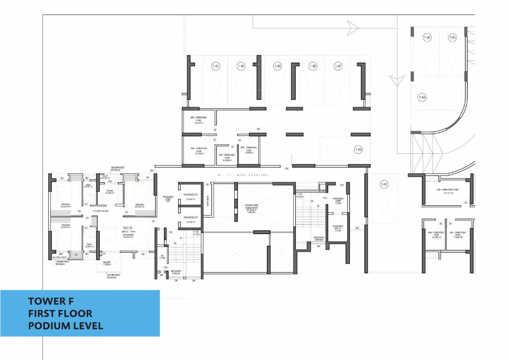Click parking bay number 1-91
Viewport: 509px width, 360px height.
tap(216, 67)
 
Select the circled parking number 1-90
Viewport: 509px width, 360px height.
tap(241, 67)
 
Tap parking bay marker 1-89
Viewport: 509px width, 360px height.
tap(277, 67)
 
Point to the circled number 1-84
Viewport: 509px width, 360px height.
tap(422, 97)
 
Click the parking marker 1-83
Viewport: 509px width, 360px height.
tap(358, 150)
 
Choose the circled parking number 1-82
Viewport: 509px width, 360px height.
tap(384, 184)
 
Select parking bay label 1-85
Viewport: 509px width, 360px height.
tap(452, 37)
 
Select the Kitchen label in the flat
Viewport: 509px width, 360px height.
tap(110, 191)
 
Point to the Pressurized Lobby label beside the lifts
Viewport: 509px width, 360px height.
tap(168, 199)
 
